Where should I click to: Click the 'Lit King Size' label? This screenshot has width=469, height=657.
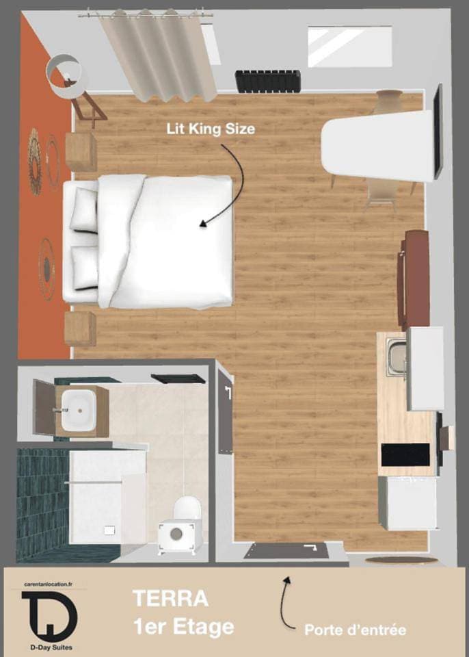coord(211,129)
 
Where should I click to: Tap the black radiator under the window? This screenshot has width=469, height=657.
coord(268,81)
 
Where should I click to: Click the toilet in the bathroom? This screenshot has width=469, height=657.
coord(182,524)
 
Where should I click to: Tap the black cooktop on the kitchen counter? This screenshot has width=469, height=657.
coord(405,454)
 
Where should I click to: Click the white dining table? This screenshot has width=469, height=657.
coord(377,145)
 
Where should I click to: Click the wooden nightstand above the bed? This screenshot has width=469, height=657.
coord(81,152)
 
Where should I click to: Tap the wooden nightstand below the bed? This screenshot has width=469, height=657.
coord(81,328)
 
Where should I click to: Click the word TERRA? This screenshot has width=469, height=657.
coord(170,598)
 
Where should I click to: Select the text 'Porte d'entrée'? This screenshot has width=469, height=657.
coord(355,630)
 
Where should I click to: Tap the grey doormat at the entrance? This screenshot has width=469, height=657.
coord(286,550)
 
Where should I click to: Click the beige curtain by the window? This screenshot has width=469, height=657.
coord(158,55)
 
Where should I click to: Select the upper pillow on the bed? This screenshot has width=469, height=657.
coord(83,209)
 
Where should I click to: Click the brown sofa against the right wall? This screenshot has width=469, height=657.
coord(414,279)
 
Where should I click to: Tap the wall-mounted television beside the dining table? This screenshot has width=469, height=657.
coord(438,131)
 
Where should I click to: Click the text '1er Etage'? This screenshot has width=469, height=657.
coord(183,628)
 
